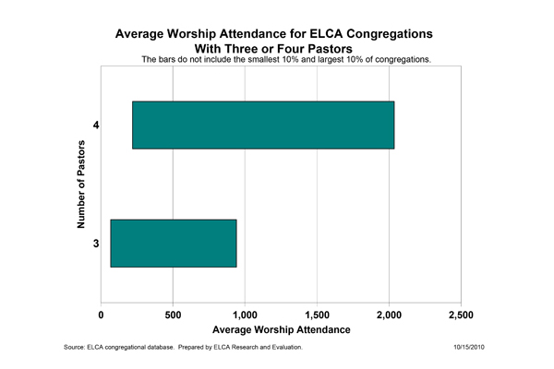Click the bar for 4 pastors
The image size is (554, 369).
[263, 125]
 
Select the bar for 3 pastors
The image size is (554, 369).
[174, 244]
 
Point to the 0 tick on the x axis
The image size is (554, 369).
[102, 315]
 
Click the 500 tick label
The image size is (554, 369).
[173, 315]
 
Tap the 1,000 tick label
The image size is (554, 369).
[245, 315]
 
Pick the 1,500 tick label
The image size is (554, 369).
[317, 315]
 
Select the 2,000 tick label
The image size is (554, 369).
[389, 315]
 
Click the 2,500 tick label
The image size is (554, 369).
[461, 315]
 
